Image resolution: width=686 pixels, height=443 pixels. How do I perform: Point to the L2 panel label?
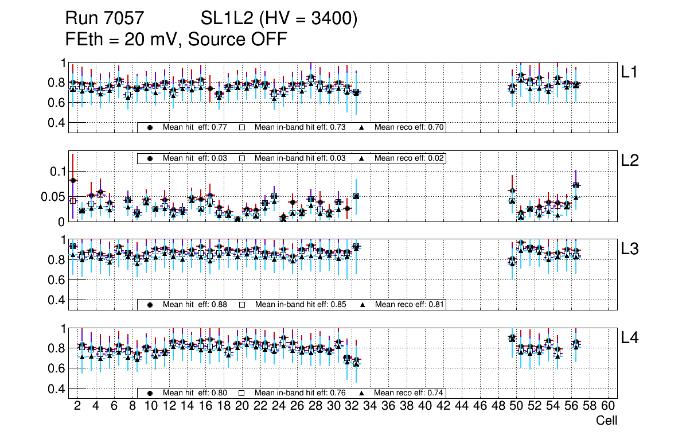(x=630, y=161)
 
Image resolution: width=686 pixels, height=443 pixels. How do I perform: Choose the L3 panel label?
(x=630, y=249)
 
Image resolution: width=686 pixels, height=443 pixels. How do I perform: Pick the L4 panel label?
(x=630, y=339)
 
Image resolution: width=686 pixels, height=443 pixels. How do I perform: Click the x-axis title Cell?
(x=606, y=421)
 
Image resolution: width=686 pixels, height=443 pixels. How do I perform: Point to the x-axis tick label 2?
(x=77, y=406)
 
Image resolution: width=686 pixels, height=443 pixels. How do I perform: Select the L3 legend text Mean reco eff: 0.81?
(x=410, y=304)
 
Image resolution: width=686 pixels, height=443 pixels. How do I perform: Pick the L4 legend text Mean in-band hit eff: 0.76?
(x=300, y=393)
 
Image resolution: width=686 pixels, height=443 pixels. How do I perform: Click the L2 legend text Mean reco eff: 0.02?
(x=410, y=158)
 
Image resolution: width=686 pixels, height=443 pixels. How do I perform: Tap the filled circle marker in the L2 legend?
(x=150, y=158)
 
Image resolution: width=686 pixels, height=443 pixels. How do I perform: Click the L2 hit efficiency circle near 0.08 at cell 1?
(x=73, y=180)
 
